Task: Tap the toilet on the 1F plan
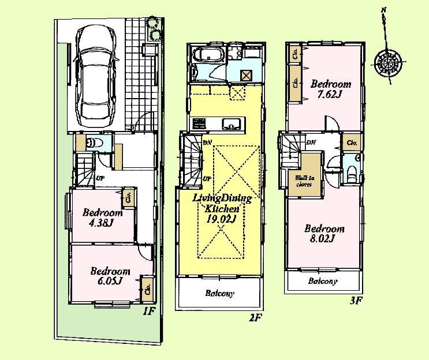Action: (94, 142)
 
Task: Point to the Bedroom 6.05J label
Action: (110, 276)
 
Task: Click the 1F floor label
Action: (148, 312)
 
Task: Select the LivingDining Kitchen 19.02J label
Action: (222, 208)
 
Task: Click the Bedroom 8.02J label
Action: (324, 233)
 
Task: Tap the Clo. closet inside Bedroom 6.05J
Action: (147, 288)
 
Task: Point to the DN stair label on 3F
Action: (311, 142)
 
